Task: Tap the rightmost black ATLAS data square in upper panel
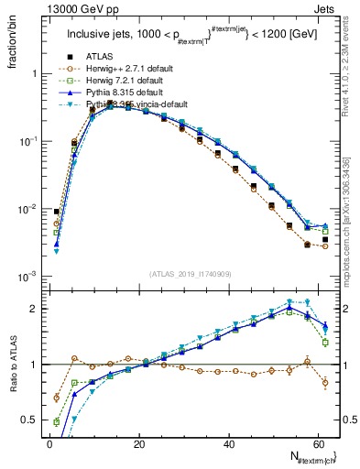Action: [x=325, y=240]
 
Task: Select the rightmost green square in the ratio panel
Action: [x=325, y=343]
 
